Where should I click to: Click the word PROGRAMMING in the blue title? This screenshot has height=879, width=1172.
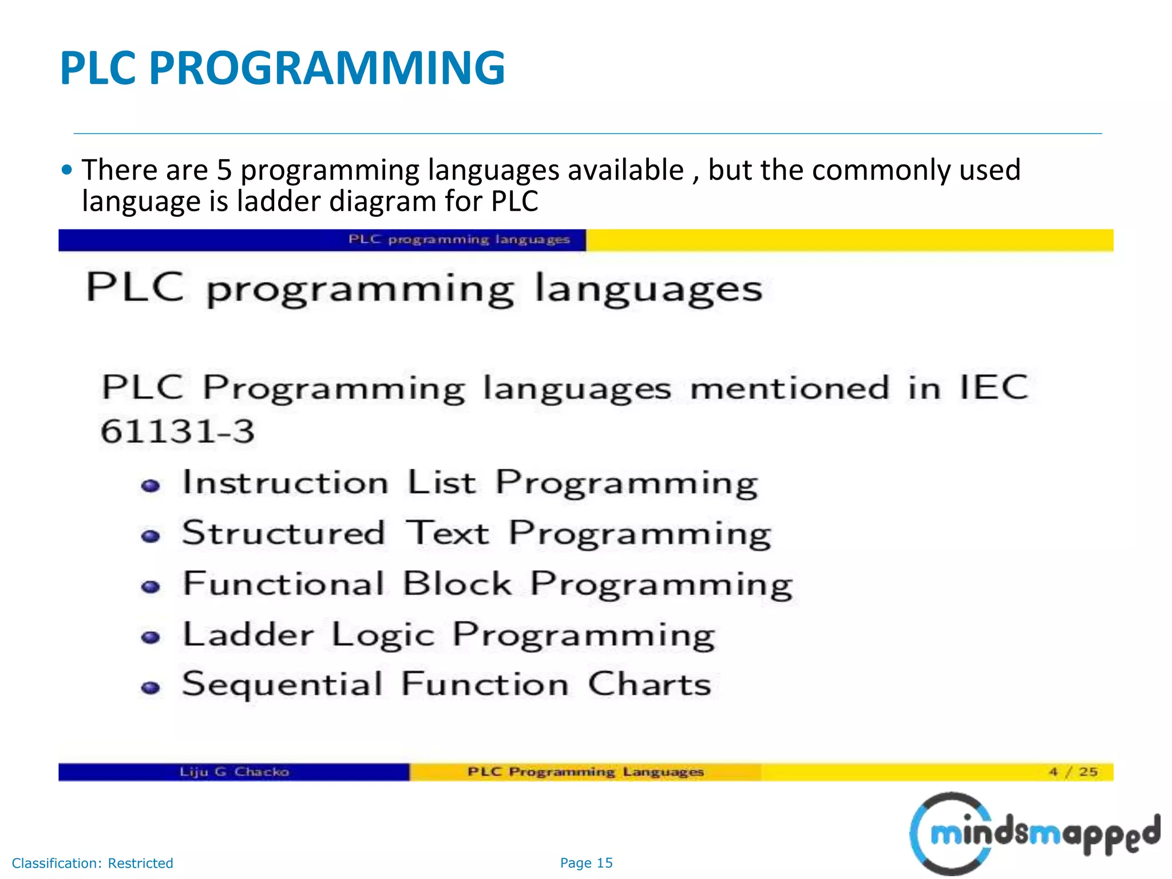coord(327,68)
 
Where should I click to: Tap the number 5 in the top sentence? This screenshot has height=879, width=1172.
coord(224,170)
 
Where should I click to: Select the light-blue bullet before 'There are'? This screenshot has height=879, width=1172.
coord(67,170)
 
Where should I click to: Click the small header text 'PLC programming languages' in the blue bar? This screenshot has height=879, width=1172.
coord(459,239)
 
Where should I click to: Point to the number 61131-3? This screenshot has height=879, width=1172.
coord(177,431)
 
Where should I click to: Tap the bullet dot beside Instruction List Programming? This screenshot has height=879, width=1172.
coord(151,486)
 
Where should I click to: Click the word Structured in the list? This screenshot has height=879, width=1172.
coord(283,533)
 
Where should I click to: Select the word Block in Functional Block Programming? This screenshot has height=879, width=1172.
coord(457,584)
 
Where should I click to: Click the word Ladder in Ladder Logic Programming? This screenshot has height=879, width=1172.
coord(248,635)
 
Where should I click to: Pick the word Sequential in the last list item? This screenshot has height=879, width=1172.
coord(282,684)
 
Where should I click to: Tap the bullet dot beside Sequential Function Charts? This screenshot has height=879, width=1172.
coord(151,687)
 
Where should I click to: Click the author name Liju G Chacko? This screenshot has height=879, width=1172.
coord(234,772)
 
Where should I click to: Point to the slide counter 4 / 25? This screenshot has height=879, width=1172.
coord(1073,772)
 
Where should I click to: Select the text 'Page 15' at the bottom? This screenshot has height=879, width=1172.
coord(586,863)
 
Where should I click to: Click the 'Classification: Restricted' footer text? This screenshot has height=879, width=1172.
coord(92,863)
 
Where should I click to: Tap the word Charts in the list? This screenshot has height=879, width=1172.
coord(650,684)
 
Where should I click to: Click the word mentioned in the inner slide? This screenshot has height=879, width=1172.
coord(790,389)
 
